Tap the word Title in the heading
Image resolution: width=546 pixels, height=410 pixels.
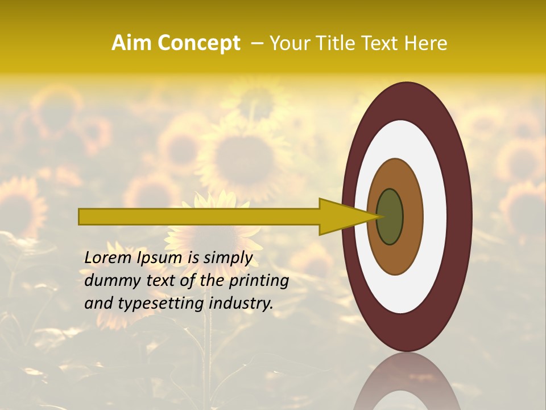pyautogui.click(x=333, y=43)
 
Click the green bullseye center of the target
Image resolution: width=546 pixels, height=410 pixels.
pyautogui.click(x=390, y=217)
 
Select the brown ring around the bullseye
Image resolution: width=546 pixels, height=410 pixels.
pyautogui.click(x=412, y=217)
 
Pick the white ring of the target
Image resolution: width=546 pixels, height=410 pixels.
pyautogui.click(x=435, y=217)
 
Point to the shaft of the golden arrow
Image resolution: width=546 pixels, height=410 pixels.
pyautogui.click(x=199, y=217)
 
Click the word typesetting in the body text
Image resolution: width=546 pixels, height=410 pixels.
pyautogui.click(x=157, y=304)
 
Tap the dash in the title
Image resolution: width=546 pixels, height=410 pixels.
pyautogui.click(x=257, y=44)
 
